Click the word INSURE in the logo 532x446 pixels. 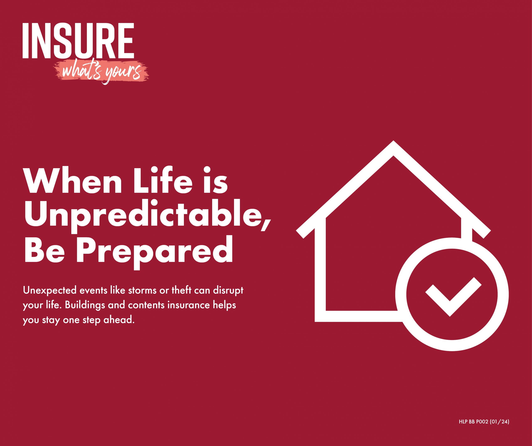(x=78, y=41)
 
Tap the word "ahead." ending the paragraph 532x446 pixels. (x=119, y=320)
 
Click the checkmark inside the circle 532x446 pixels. (x=453, y=297)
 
